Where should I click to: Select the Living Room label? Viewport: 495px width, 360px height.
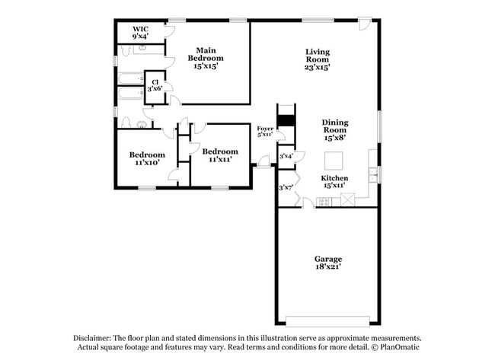point(318,59)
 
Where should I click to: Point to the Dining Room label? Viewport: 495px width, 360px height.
point(334,130)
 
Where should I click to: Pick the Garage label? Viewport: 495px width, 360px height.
point(329,263)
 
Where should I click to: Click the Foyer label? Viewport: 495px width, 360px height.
point(264,131)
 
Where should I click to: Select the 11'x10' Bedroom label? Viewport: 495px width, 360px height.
point(146,159)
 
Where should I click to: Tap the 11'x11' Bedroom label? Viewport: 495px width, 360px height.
point(220,155)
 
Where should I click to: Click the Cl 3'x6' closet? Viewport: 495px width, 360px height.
point(155,84)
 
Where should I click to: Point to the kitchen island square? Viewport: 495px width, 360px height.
point(334,161)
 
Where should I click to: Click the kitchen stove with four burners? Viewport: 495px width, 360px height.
point(324,202)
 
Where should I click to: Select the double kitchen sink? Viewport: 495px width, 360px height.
point(373,176)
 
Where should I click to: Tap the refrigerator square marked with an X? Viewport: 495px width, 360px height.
point(348,200)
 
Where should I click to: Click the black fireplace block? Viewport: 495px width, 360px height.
point(286,120)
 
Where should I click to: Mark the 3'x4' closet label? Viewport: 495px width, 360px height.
point(286,157)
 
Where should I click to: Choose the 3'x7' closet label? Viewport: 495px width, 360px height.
point(286,187)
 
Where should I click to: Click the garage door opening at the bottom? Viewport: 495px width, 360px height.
point(328,320)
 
